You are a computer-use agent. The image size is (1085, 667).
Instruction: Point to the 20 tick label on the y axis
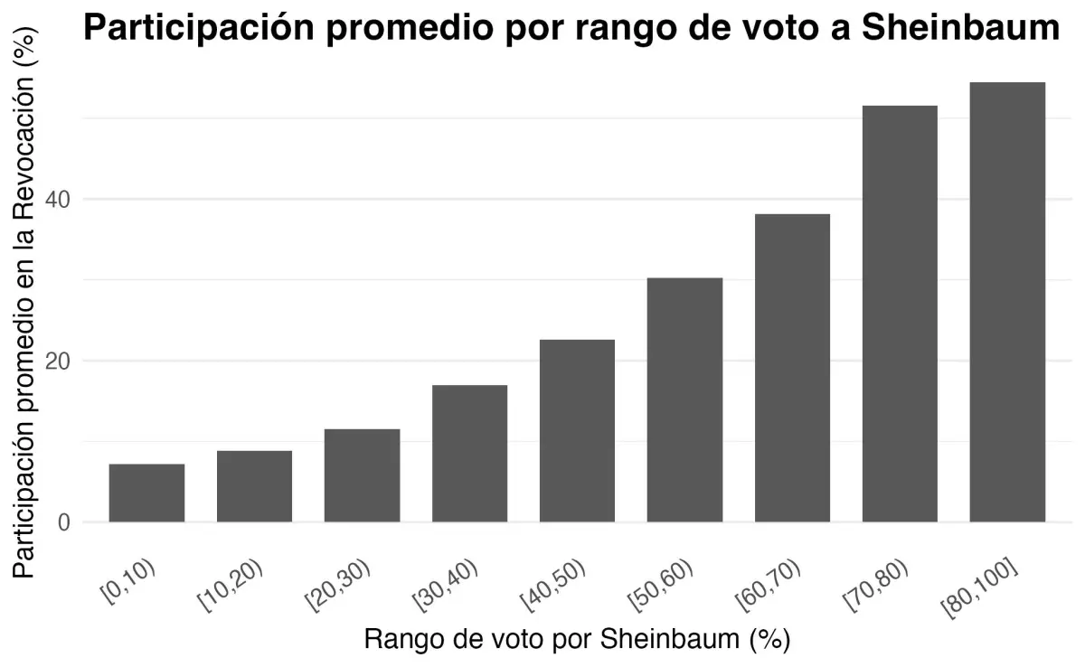pos(60,361)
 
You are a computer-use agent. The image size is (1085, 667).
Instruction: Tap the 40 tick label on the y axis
pos(60,199)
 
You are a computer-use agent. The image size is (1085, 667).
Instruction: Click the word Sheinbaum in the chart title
pos(960,29)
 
